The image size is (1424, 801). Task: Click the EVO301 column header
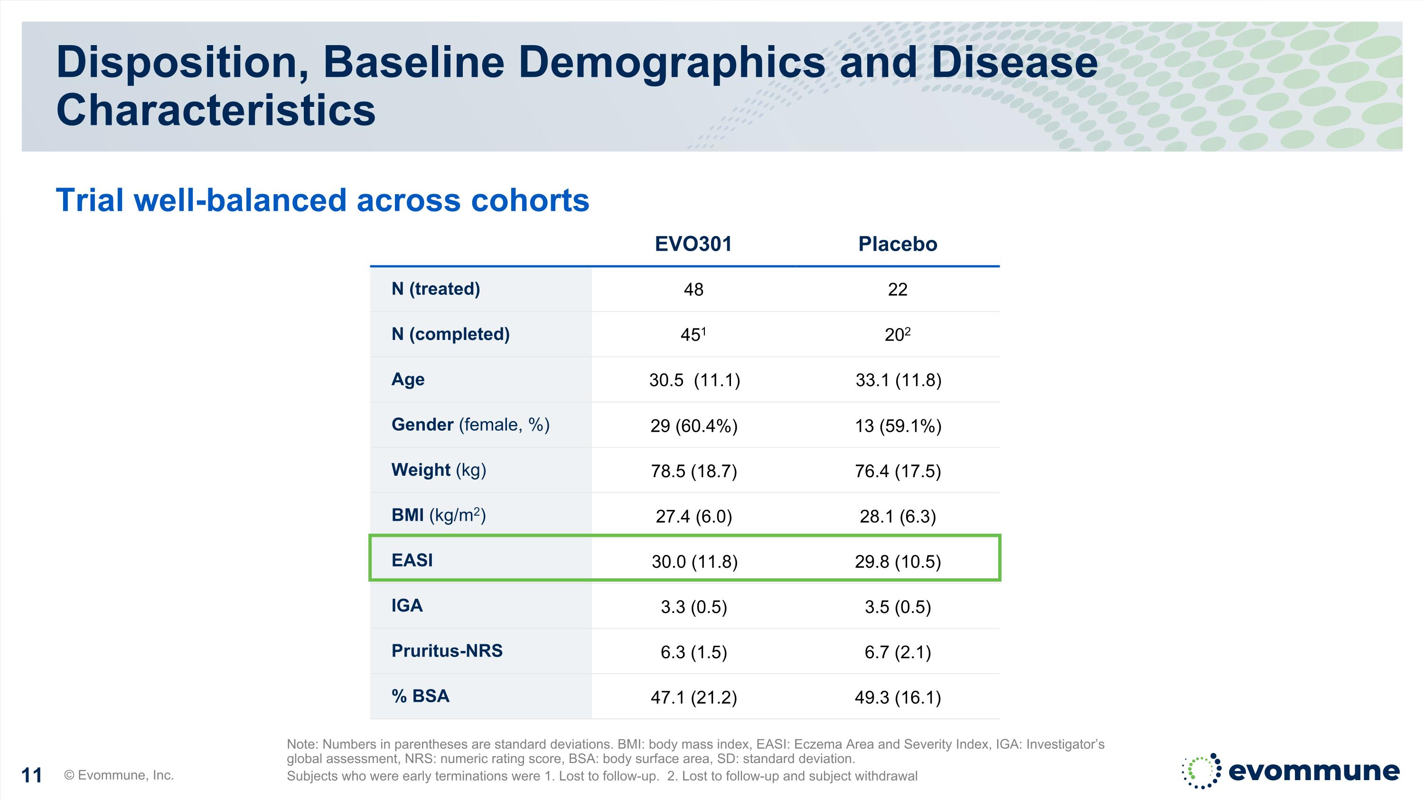coord(693,244)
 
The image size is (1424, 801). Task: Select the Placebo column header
coord(898,244)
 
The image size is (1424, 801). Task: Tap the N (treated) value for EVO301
coord(694,289)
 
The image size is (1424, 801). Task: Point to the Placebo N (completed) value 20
coord(897,334)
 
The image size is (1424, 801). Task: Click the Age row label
coord(408,380)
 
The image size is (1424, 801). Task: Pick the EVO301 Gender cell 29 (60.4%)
coord(694,425)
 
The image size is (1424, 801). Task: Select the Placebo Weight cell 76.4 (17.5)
coord(898,471)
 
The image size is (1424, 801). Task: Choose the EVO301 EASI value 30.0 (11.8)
coord(694,562)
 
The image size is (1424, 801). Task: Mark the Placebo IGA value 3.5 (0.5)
coord(898,607)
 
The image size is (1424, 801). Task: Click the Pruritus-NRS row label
coord(447,650)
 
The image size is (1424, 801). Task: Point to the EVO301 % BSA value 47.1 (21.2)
coord(694,697)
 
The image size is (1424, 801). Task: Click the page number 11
coord(31,775)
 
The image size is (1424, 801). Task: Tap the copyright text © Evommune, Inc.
coord(119,775)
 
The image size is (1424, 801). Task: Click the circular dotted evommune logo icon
coord(1201,770)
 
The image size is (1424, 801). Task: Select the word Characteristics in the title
coord(215,110)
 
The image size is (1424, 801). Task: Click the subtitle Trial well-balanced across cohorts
coord(322,199)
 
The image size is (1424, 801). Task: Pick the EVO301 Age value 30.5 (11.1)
coord(694,380)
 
